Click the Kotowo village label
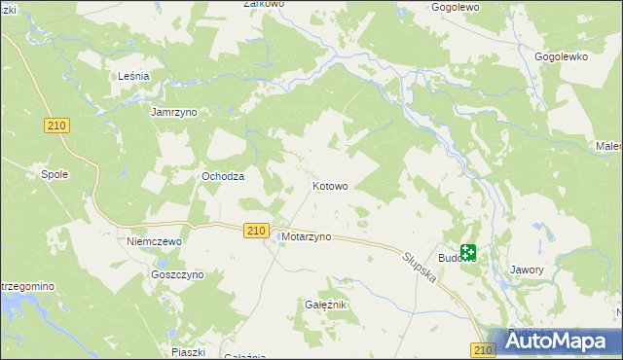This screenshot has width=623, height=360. tap(330, 186)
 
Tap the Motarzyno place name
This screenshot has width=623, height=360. tap(306, 236)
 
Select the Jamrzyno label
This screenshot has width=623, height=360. tap(174, 112)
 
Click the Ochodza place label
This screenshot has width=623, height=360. tap(222, 176)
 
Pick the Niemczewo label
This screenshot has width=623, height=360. tap(156, 240)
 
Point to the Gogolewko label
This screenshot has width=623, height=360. tap(562, 56)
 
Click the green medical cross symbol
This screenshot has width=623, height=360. tap(468, 252)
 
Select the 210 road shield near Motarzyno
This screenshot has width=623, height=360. tap(255, 230)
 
